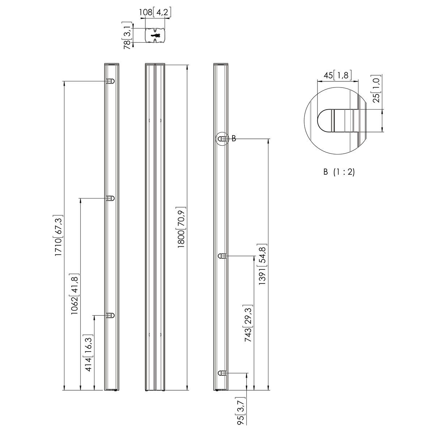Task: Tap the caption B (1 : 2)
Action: pyautogui.click(x=339, y=172)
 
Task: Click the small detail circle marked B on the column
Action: pyautogui.click(x=222, y=139)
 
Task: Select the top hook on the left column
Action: pyautogui.click(x=110, y=81)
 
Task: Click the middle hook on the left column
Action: pyautogui.click(x=110, y=198)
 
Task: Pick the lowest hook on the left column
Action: pyautogui.click(x=110, y=315)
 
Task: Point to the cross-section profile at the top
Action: pyautogui.click(x=155, y=35)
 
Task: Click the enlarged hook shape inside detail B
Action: pyautogui.click(x=338, y=120)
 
